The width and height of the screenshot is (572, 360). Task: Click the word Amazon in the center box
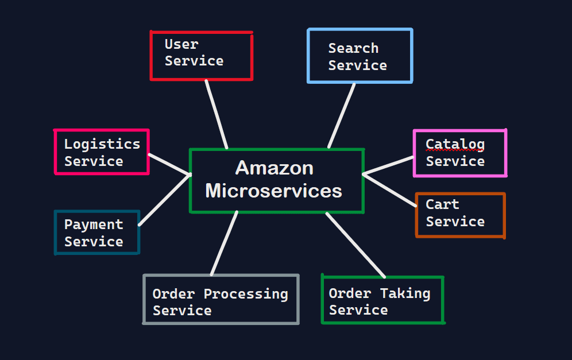pos(275,168)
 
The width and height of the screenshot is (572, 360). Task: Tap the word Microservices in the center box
pos(273,190)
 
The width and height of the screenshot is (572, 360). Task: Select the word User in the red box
pos(181,44)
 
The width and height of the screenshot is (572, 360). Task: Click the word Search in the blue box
pos(353,48)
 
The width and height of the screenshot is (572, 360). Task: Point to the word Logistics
pos(102,144)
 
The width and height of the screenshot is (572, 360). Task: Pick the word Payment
pos(94,224)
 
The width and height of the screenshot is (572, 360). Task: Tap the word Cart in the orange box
pos(442,204)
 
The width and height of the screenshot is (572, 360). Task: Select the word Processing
pos(246,293)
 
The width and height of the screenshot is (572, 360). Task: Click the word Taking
pos(405,293)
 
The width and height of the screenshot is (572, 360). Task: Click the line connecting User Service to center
pos(217,114)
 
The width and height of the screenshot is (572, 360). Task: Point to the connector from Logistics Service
pos(169,164)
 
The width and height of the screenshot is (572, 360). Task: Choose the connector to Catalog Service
pos(389,165)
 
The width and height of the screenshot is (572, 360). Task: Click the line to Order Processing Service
pos(224,243)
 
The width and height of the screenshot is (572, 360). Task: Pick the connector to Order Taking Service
pos(355,245)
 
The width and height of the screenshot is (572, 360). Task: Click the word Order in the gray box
pos(174,293)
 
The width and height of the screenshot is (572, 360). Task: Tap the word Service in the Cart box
pos(455,222)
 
